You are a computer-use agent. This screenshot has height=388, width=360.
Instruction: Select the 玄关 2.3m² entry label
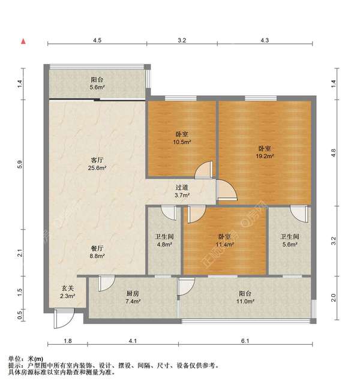(67, 292)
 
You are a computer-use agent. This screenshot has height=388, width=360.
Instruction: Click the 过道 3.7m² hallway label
(182, 191)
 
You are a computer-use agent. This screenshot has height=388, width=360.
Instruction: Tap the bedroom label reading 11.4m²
(224, 240)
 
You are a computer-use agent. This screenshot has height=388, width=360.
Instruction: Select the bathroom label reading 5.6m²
(289, 240)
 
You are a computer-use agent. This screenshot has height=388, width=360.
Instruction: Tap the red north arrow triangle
(23, 41)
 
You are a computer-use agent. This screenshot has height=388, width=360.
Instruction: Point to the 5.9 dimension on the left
(20, 163)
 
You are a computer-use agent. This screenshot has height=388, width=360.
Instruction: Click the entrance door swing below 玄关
(61, 319)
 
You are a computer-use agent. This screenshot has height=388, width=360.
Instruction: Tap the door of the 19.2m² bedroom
(226, 190)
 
